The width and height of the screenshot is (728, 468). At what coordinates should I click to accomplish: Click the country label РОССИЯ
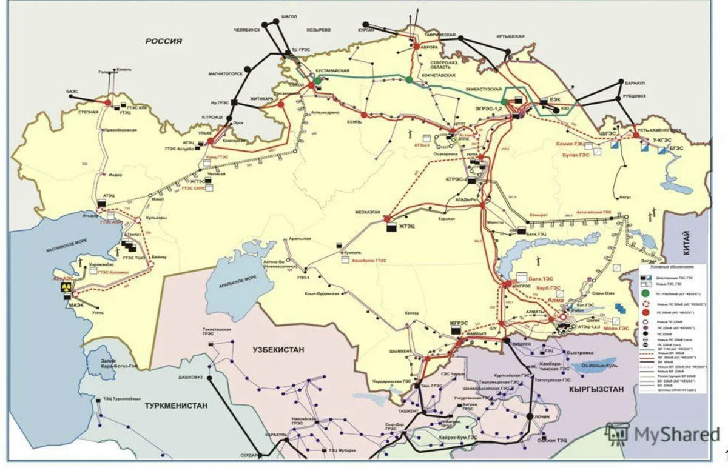pos(163,41)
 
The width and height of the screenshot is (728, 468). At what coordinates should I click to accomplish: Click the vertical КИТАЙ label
pos(686,243)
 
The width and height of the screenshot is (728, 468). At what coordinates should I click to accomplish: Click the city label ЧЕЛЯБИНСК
pos(246,28)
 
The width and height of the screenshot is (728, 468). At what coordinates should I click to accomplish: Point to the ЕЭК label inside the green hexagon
pos(554,99)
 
